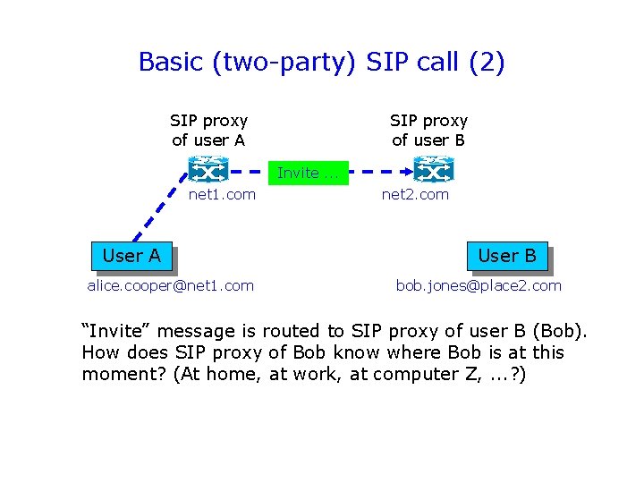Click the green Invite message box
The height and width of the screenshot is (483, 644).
click(308, 173)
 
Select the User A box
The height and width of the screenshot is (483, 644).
click(131, 257)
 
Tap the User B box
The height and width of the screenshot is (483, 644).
click(507, 257)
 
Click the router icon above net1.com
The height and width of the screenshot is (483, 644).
click(208, 168)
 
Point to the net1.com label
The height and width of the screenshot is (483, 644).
click(222, 194)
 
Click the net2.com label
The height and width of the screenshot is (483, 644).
click(415, 194)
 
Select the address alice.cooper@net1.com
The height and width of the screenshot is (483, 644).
click(170, 285)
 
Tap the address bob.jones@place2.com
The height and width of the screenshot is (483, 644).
click(479, 285)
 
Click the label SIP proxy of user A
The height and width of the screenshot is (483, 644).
click(208, 130)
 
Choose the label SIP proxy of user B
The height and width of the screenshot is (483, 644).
click(428, 130)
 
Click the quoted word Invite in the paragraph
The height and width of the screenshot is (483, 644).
click(113, 331)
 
